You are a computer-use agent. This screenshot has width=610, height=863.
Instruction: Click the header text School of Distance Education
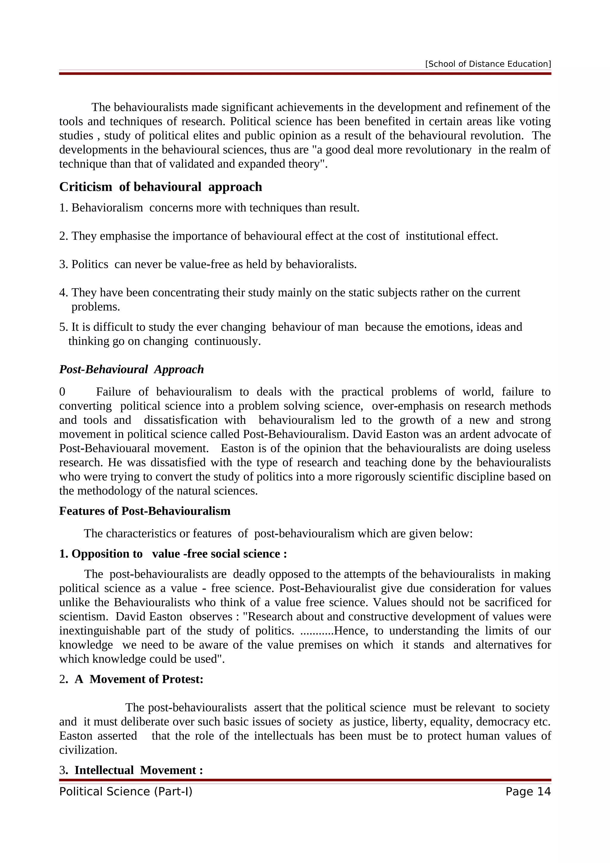click(488, 64)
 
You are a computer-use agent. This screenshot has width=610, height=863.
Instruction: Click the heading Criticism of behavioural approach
click(161, 187)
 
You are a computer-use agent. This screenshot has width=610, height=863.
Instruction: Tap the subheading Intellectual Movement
click(139, 770)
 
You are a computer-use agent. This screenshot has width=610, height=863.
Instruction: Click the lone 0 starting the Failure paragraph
click(62, 392)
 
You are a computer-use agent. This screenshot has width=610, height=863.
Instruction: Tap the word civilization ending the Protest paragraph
click(88, 750)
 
